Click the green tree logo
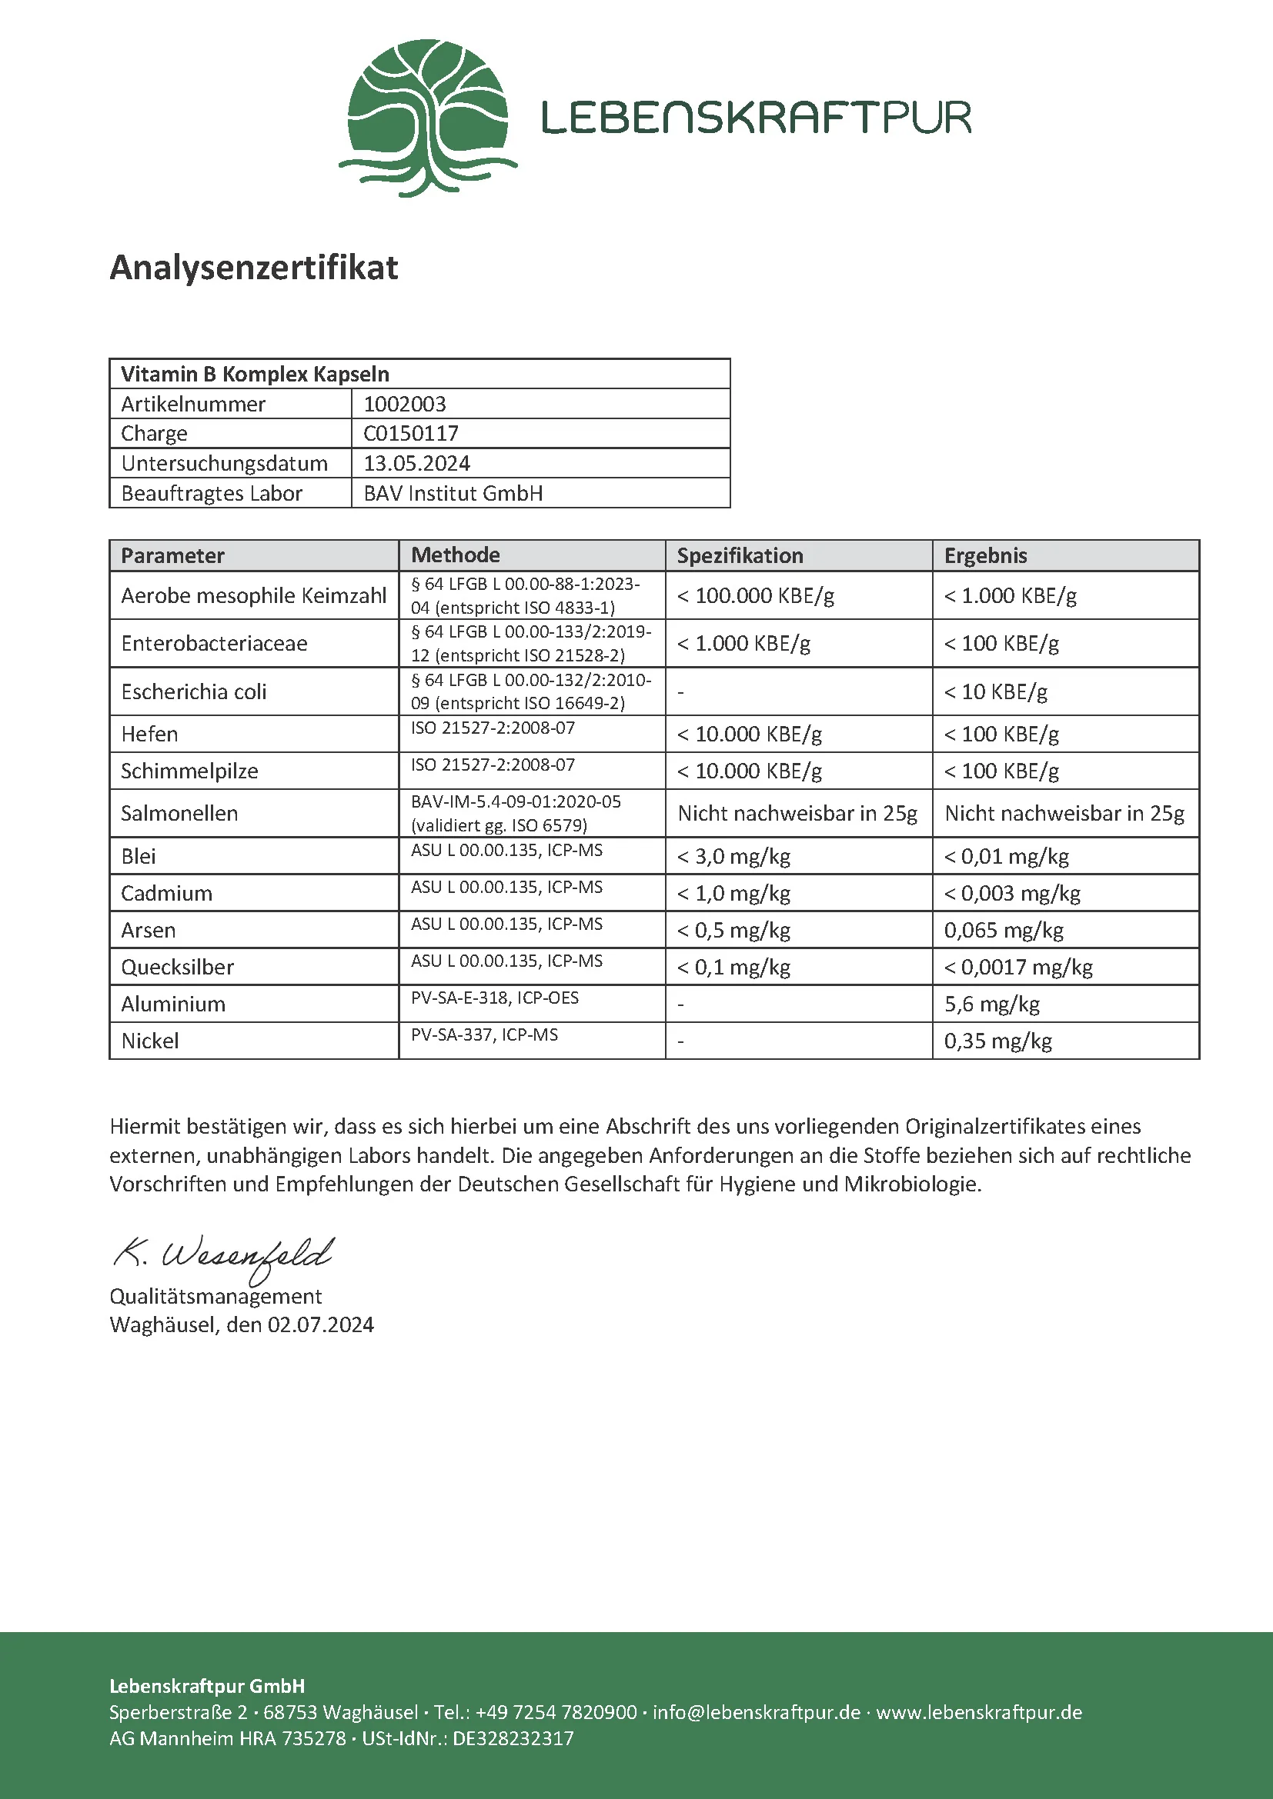[427, 118]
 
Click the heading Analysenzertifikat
[254, 267]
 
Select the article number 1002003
[405, 405]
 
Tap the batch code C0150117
[411, 433]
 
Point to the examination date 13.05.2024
[416, 463]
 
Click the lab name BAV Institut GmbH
[453, 494]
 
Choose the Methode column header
[456, 555]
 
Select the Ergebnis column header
[985, 555]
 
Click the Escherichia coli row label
[194, 692]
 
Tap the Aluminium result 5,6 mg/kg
[991, 1004]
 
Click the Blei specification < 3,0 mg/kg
[733, 856]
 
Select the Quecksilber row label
[177, 967]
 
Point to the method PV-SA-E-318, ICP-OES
[495, 998]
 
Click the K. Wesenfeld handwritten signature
[224, 1255]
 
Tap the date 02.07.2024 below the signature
[321, 1324]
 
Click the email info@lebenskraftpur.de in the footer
[757, 1712]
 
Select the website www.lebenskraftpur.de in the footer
[979, 1712]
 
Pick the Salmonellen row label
[179, 813]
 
